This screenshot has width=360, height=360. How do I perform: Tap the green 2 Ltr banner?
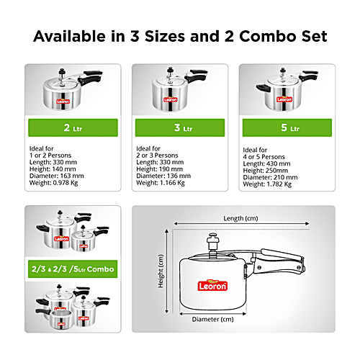tap(73, 127)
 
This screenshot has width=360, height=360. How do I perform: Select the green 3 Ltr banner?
tap(180, 127)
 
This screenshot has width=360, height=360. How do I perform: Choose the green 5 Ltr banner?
tap(287, 127)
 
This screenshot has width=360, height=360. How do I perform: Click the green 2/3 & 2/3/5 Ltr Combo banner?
tap(73, 269)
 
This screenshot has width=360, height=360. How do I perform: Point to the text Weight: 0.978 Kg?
tap(53, 183)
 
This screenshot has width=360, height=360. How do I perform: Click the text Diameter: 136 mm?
tap(163, 176)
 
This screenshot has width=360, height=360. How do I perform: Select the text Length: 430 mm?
tap(266, 163)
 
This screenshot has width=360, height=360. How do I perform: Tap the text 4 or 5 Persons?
tap(264, 157)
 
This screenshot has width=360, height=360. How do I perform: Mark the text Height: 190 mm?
tap(159, 169)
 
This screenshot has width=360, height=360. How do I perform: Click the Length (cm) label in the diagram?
tap(240, 219)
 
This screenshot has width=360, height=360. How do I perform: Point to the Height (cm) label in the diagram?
tap(161, 271)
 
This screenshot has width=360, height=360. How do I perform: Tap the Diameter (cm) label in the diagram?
tap(212, 320)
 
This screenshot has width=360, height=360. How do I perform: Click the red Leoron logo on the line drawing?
tap(212, 286)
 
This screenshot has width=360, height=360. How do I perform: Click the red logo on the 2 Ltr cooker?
tap(63, 102)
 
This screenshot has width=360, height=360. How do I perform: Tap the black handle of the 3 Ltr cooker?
tap(197, 76)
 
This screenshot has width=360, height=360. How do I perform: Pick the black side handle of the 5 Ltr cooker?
tap(263, 88)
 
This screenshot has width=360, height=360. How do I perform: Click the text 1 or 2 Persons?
tap(50, 156)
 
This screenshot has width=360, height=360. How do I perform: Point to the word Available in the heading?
tap(70, 37)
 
